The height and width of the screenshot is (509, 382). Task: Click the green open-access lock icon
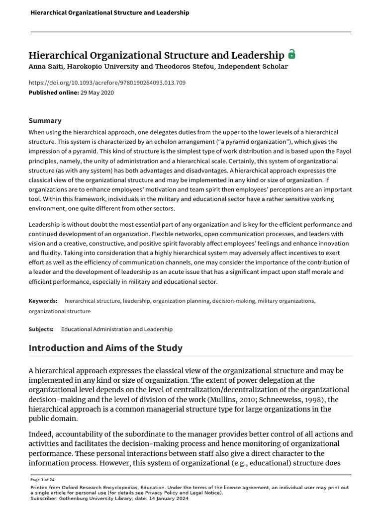coord(292,54)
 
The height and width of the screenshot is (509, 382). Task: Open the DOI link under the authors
coord(107,83)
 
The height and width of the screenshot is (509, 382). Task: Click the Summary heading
coord(45,120)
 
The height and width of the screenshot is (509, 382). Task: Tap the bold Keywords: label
coord(43,301)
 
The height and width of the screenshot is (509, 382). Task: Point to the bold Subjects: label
coord(42,329)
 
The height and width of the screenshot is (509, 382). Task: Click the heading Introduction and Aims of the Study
coord(105,348)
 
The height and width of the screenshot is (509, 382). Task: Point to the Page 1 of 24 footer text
coord(43,481)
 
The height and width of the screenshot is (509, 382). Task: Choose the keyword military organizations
coord(286,301)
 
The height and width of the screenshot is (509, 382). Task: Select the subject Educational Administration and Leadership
coord(116,329)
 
